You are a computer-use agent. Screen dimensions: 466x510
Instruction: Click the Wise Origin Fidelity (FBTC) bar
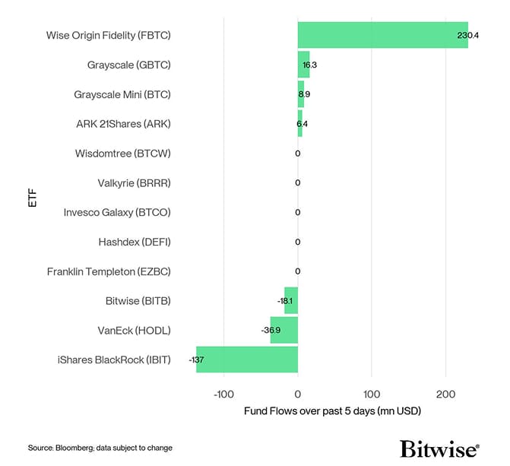click(x=382, y=35)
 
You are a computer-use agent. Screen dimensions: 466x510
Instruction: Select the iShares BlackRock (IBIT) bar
click(x=246, y=360)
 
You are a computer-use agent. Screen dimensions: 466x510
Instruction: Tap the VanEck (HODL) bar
click(x=284, y=330)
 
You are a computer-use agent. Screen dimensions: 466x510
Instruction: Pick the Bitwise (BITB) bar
click(x=291, y=300)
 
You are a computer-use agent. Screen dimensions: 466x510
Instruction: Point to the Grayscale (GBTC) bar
click(x=303, y=65)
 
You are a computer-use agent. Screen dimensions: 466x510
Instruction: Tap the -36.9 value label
click(x=271, y=330)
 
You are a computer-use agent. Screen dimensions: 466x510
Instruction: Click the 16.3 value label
click(x=309, y=65)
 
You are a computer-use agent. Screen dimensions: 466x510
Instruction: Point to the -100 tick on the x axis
click(x=224, y=394)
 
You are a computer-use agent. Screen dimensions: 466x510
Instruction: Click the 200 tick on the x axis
click(x=446, y=394)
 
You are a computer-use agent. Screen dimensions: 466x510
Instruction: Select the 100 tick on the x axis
click(x=372, y=394)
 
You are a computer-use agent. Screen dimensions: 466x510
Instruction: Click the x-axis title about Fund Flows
click(x=332, y=411)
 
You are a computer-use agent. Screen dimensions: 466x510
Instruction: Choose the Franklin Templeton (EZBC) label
click(x=109, y=271)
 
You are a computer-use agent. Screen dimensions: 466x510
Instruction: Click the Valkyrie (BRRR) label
click(x=135, y=182)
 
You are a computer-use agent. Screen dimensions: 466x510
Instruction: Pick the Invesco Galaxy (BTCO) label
click(x=117, y=212)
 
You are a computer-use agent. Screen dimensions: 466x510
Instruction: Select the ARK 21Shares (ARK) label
click(x=123, y=124)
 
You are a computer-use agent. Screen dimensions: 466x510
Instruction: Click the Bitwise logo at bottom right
click(x=439, y=447)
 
